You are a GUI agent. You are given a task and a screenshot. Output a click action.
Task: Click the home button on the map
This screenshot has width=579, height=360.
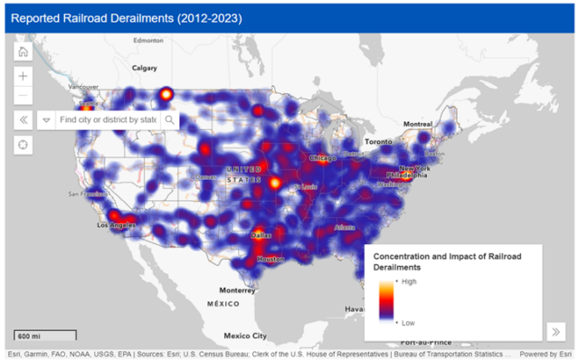click(x=24, y=52)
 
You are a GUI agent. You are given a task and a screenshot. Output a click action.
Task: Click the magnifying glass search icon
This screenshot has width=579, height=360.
click(x=169, y=119)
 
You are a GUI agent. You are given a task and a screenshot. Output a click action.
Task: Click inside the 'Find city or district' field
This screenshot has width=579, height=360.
click(x=107, y=119)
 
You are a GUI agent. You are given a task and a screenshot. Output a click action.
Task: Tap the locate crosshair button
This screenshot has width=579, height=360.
click(x=24, y=145)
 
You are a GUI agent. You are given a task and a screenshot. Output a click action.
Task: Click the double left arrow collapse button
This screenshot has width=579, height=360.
click(x=24, y=119)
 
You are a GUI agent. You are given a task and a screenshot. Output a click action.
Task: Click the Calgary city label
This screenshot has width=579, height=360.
click(x=145, y=67)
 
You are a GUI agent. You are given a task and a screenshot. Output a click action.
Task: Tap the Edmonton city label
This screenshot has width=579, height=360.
click(x=147, y=41)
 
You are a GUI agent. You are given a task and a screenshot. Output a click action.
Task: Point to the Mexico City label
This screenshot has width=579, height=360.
click(x=245, y=334)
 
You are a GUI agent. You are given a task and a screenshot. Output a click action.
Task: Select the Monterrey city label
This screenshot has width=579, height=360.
click(x=237, y=289)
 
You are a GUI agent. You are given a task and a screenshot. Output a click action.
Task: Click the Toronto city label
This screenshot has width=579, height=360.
click(x=377, y=142)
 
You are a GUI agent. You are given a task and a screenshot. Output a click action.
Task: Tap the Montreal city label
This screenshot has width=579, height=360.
click(x=417, y=123)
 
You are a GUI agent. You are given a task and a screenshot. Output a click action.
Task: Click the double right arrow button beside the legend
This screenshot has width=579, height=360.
click(x=556, y=330)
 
